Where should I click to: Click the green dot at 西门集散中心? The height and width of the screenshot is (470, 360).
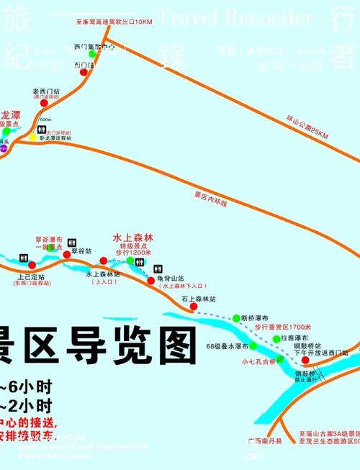click(91, 54)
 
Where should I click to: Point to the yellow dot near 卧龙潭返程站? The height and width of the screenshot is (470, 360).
click(33, 137)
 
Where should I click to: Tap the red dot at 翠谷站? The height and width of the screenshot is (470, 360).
click(66, 254)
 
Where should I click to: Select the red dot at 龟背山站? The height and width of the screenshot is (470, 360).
click(150, 269)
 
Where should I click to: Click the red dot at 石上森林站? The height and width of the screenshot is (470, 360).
click(193, 307)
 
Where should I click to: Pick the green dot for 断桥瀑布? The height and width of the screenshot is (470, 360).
click(236, 317)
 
